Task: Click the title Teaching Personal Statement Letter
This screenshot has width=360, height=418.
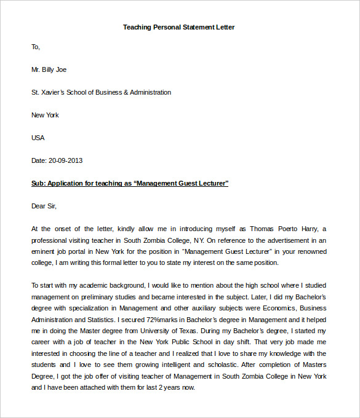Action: tap(178, 27)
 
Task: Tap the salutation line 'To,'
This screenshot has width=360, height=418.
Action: tap(36, 47)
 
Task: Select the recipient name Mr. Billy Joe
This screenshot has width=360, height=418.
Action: tap(49, 69)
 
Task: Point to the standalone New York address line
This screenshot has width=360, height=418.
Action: tap(45, 115)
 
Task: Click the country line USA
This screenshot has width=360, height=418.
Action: tap(38, 138)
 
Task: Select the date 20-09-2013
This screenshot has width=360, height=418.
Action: tap(65, 160)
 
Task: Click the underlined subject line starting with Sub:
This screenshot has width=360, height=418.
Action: tap(130, 183)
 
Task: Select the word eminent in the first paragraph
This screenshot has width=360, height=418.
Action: tap(43, 251)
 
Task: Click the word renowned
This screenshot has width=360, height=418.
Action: tap(312, 251)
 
